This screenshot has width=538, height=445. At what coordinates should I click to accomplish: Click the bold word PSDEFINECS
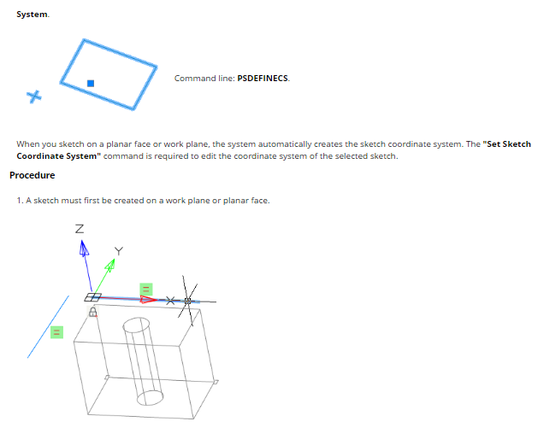(263, 78)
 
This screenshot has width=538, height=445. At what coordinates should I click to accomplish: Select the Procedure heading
(33, 175)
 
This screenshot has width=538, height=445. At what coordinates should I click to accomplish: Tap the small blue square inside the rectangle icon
(91, 83)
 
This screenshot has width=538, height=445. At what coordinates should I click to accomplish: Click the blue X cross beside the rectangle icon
(34, 97)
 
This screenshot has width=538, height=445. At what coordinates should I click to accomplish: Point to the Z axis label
(80, 229)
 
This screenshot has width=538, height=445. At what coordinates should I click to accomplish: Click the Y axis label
(118, 251)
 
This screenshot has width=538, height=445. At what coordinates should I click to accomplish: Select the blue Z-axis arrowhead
(83, 248)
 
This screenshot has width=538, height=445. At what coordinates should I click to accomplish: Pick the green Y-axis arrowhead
(110, 265)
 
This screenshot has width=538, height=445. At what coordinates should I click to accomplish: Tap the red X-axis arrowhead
(148, 300)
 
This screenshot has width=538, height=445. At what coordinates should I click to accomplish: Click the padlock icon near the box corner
(92, 312)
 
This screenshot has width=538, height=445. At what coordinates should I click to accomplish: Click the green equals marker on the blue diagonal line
(56, 332)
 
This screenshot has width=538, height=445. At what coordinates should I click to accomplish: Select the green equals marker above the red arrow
(145, 290)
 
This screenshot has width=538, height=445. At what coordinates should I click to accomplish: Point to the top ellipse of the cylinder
(136, 325)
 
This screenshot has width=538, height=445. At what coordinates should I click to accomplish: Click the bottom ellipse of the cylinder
(150, 397)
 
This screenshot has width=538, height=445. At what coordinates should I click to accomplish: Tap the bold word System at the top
(32, 15)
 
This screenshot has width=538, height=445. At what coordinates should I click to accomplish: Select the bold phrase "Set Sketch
(506, 143)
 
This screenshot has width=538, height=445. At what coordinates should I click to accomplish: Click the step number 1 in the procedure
(20, 201)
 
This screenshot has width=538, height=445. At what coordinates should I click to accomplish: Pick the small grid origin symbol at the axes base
(92, 297)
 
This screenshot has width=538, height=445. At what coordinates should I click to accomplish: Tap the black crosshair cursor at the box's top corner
(187, 302)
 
